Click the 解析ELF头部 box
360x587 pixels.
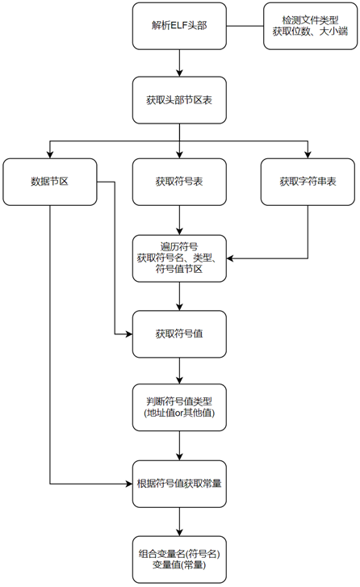coord(179,26)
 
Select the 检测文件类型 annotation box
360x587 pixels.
coord(310,26)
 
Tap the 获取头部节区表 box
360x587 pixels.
coord(179,100)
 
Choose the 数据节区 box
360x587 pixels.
coord(50,182)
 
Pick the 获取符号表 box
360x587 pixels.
coord(179,182)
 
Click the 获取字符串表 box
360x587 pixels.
coord(308,182)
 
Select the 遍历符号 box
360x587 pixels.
coord(179,258)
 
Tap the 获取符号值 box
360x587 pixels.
coord(179,334)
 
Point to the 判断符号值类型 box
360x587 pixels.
coord(179,407)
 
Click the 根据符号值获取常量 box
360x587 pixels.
coord(179,484)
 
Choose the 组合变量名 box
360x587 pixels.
coord(179,560)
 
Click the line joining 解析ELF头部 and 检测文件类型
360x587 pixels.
coord(245,26)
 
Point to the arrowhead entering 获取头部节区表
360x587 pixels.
coord(179,73)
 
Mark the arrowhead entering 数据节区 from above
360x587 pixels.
coord(50,155)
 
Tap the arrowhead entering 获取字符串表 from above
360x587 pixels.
coord(308,155)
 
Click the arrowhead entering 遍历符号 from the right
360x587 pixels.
coord(230,258)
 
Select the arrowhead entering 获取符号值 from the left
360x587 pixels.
coord(128,334)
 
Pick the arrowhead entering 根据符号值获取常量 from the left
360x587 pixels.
coord(128,484)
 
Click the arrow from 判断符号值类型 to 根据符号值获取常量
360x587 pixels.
coord(179,446)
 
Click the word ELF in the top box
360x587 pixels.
coord(176,26)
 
